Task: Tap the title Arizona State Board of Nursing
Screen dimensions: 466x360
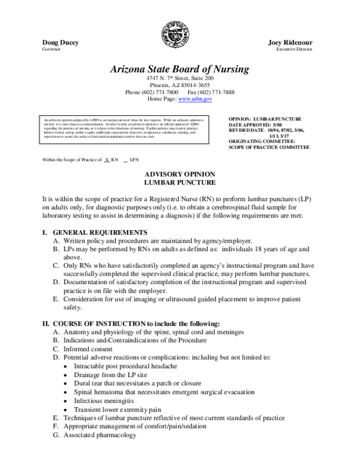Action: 179,69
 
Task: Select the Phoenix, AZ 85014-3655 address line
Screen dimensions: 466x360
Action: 179,85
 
